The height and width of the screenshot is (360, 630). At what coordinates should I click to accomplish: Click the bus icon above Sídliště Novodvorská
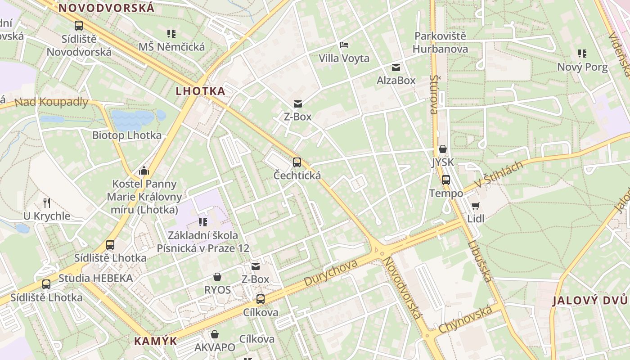pyautogui.click(x=79, y=26)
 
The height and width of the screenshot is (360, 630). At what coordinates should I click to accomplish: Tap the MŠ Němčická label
pyautogui.click(x=171, y=47)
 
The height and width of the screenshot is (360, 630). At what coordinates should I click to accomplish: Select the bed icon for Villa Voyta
pyautogui.click(x=344, y=45)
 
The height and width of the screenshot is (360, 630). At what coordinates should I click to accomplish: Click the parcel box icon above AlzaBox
pyautogui.click(x=396, y=67)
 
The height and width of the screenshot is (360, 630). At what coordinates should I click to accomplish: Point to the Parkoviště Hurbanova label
pyautogui.click(x=441, y=42)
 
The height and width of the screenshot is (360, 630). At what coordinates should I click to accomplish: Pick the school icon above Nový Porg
pyautogui.click(x=582, y=54)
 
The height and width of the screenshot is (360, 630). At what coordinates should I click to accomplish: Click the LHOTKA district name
pyautogui.click(x=200, y=91)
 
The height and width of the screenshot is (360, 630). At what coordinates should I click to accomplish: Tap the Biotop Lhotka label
pyautogui.click(x=126, y=135)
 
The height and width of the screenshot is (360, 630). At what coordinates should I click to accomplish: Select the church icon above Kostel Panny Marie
pyautogui.click(x=144, y=171)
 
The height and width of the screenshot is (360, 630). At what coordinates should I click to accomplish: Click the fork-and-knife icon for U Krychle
pyautogui.click(x=46, y=202)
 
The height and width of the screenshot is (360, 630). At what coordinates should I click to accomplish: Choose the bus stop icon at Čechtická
pyautogui.click(x=297, y=162)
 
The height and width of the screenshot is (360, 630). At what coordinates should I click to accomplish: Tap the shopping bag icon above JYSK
pyautogui.click(x=443, y=149)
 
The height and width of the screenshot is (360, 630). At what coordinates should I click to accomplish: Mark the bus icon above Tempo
pyautogui.click(x=446, y=180)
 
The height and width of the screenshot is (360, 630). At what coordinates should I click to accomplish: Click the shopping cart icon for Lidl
pyautogui.click(x=476, y=206)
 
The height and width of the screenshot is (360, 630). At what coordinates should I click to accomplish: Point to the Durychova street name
pyautogui.click(x=331, y=272)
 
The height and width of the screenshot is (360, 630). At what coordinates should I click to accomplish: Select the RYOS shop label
pyautogui.click(x=217, y=290)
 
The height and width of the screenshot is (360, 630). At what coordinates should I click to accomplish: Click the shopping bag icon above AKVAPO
pyautogui.click(x=215, y=334)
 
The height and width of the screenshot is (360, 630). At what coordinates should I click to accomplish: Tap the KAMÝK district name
pyautogui.click(x=156, y=341)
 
